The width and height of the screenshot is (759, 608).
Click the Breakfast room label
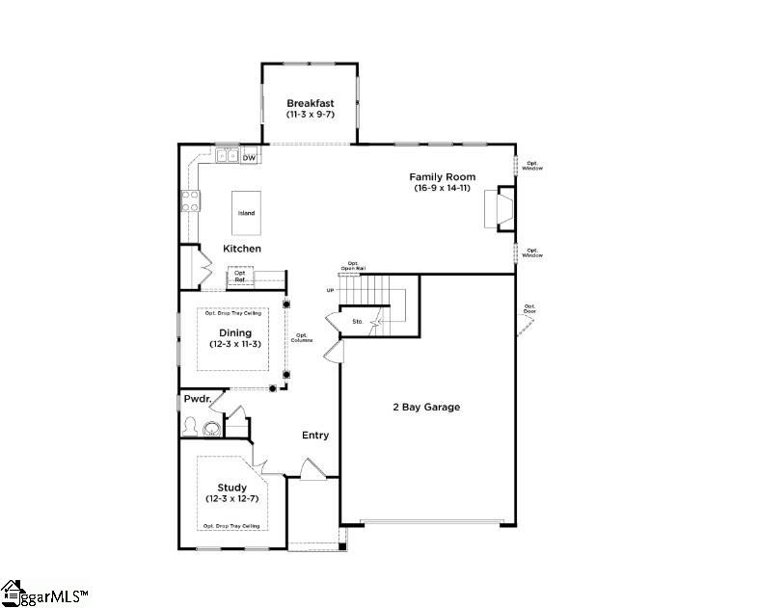(x=310, y=103)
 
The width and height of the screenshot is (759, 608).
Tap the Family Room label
(x=443, y=177)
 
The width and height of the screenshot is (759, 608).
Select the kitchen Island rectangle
(x=247, y=213)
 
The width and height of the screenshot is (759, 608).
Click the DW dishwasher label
(x=249, y=158)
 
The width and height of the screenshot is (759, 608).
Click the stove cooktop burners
(x=190, y=200)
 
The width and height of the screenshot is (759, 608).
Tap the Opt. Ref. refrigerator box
(x=240, y=276)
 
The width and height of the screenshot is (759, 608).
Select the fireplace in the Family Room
(x=500, y=208)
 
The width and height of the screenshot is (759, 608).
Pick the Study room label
(x=231, y=488)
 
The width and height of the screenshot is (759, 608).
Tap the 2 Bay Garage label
(x=425, y=408)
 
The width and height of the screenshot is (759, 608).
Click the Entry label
(x=315, y=436)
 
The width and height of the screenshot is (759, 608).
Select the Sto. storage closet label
(x=357, y=321)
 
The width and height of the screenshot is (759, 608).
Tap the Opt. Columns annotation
(x=304, y=338)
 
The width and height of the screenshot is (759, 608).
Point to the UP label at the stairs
(x=331, y=290)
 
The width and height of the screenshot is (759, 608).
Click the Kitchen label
(x=242, y=249)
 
